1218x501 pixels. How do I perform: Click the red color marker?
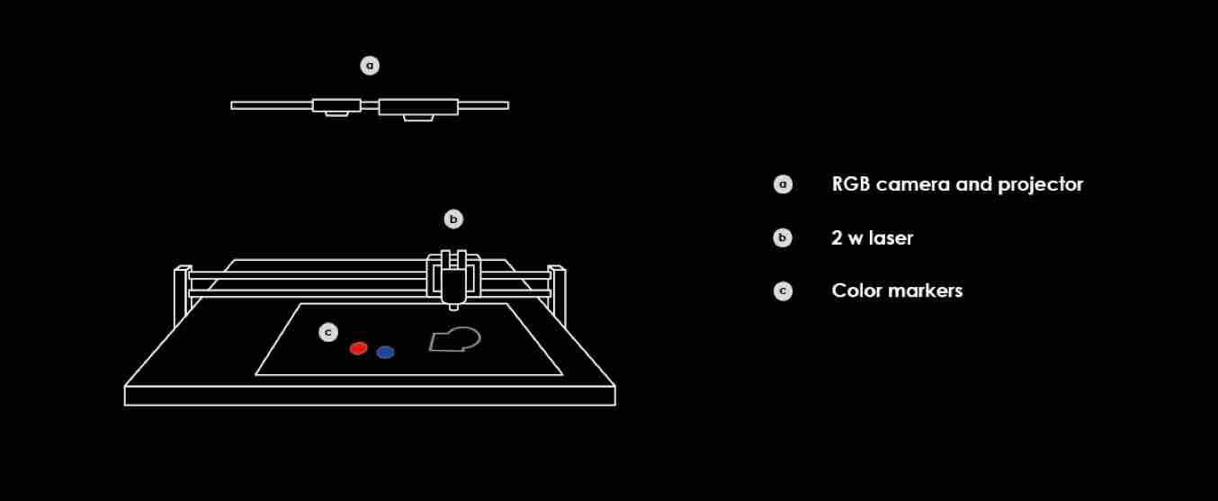click(x=359, y=348)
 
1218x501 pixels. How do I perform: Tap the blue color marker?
click(x=385, y=353)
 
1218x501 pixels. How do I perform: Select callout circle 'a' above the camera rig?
click(x=370, y=66)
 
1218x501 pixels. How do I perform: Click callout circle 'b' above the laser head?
click(x=453, y=219)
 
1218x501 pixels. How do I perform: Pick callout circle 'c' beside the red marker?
click(x=329, y=333)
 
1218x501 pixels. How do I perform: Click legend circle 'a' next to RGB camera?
click(x=784, y=184)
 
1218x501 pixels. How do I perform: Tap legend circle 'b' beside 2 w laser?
click(x=784, y=238)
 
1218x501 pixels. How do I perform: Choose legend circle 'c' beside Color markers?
click(x=784, y=291)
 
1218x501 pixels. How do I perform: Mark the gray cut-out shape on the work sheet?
click(x=455, y=340)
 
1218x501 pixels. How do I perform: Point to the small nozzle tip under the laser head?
click(x=453, y=307)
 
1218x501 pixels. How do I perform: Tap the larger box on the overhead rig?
click(x=418, y=107)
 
